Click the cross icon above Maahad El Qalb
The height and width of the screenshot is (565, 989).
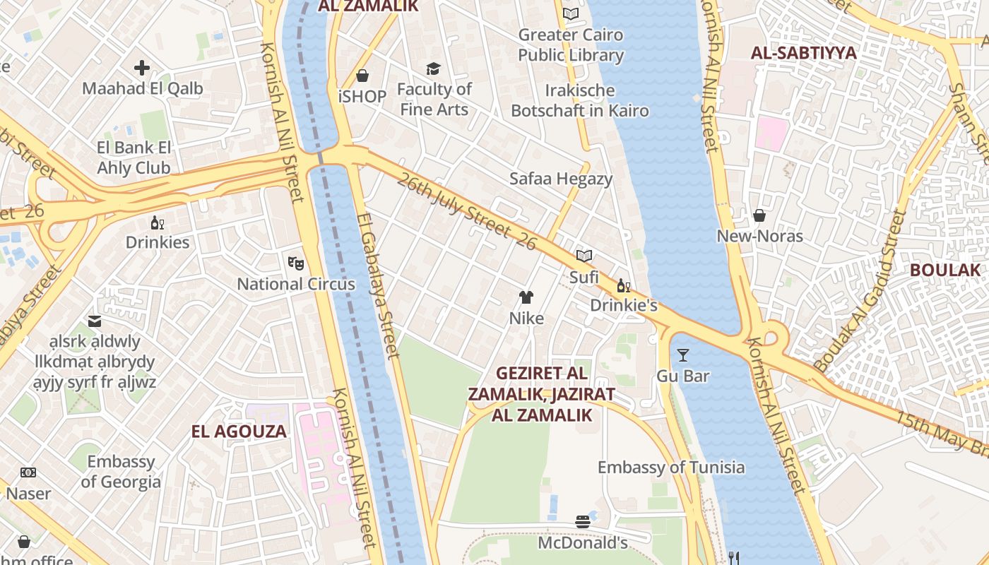[x=142, y=68]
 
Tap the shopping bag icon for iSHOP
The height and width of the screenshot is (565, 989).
[x=362, y=76]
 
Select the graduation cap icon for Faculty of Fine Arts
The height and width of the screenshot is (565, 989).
[x=433, y=69]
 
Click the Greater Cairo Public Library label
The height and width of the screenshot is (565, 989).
[x=571, y=44]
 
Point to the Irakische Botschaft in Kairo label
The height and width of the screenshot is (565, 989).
[x=579, y=100]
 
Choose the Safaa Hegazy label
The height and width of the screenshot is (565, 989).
[x=561, y=179]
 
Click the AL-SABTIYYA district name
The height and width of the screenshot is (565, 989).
[x=803, y=53]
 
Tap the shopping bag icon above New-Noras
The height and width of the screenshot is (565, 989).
[x=759, y=215]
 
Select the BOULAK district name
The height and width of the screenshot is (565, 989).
[x=945, y=270]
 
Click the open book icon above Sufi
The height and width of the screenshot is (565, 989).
[x=584, y=256]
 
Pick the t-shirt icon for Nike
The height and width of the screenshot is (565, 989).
[x=526, y=297]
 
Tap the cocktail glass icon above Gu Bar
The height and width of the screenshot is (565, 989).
[x=682, y=355]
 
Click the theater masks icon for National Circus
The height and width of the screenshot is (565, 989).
[x=296, y=263]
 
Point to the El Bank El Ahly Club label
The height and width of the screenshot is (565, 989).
[x=134, y=158]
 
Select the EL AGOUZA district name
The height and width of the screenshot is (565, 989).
[x=239, y=431]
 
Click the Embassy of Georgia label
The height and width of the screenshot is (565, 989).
[x=121, y=472]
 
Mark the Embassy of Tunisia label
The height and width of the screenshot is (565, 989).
[x=670, y=467]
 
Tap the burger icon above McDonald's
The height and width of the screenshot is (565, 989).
[x=583, y=522]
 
